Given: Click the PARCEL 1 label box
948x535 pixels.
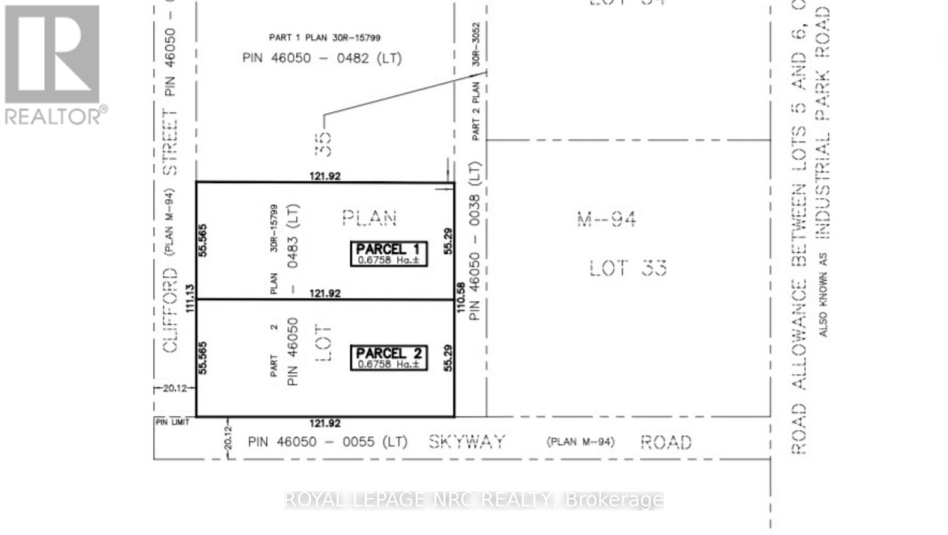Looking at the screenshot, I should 388,254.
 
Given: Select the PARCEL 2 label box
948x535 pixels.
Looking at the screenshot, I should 388,358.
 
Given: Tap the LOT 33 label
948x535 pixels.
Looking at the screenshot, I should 628,268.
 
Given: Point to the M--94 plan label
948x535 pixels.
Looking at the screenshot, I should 607,220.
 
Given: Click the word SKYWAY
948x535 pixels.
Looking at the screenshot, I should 467,442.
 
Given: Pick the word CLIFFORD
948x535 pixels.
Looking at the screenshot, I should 170,310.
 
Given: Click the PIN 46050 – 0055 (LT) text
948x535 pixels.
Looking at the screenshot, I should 328,442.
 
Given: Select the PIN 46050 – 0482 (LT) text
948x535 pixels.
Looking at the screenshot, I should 322,58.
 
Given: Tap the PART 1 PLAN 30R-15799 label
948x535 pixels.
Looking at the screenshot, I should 325,37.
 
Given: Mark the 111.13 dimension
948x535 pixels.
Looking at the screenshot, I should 190,299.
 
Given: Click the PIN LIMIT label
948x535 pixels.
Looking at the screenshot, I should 172,422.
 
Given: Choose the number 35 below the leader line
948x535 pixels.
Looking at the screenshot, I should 324,143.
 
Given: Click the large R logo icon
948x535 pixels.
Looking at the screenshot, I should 53,55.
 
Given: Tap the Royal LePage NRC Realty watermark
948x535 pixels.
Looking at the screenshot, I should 473,500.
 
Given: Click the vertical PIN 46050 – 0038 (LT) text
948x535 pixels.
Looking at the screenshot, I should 474,241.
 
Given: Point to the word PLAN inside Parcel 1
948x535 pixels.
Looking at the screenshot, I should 369,218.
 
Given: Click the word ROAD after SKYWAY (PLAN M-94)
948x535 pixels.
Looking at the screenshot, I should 666,443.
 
